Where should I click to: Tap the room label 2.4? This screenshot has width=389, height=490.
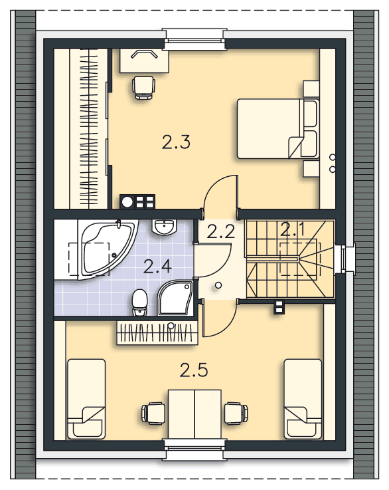pos(158,267)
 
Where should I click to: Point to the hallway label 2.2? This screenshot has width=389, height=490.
pos(220,232)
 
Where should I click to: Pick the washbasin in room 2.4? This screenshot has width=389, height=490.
pos(163,227)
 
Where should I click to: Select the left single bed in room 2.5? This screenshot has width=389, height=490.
pos(86,398)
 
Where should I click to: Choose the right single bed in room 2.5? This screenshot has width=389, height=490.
pos(303,398)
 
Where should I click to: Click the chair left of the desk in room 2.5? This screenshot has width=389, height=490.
pos(153,413)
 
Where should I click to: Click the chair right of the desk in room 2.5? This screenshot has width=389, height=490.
pos(236,413)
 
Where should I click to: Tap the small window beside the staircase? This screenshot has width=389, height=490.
pos(346,259)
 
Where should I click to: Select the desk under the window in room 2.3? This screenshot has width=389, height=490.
pos(143,60)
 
